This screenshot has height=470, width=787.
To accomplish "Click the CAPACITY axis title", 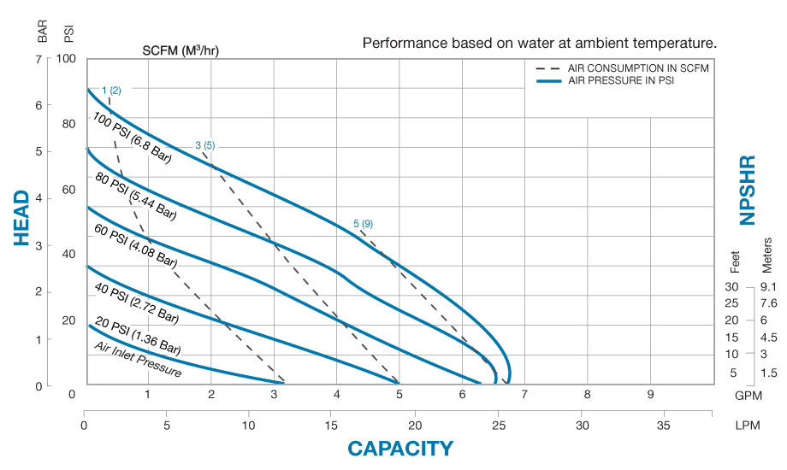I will pyautogui.click(x=399, y=449).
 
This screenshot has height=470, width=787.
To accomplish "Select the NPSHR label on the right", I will pyautogui.click(x=748, y=189).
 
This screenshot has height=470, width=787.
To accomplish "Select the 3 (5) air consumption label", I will pyautogui.click(x=204, y=145).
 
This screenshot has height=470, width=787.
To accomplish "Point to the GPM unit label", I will pyautogui.click(x=747, y=394).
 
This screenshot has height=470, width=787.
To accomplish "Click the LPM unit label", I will pyautogui.click(x=747, y=425).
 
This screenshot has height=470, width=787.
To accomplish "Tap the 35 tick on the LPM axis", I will pyautogui.click(x=663, y=425).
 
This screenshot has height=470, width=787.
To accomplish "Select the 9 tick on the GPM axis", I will pyautogui.click(x=650, y=394).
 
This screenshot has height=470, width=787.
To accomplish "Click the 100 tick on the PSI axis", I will pyautogui.click(x=67, y=59).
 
